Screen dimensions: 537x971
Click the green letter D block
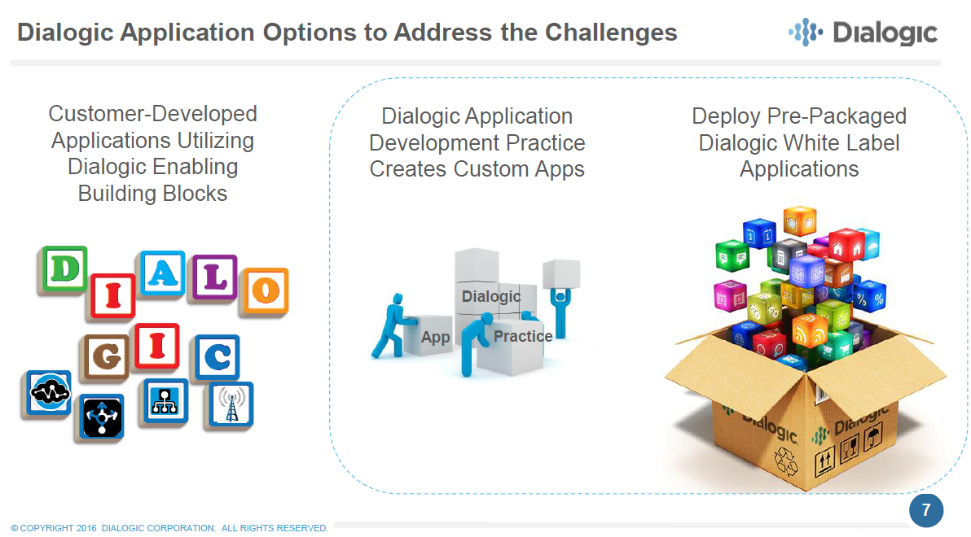tap(62, 269)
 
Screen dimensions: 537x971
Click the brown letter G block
tap(105, 357)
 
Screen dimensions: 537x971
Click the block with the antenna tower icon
tap(229, 404)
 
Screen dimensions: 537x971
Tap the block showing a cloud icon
tap(46, 395)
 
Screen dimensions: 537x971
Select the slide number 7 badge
tap(925, 510)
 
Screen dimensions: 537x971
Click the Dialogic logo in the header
tap(863, 33)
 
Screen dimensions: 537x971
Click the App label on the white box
tap(435, 337)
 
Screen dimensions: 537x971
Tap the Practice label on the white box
tap(523, 336)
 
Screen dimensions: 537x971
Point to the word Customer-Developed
tap(152, 114)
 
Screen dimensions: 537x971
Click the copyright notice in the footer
tap(169, 528)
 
